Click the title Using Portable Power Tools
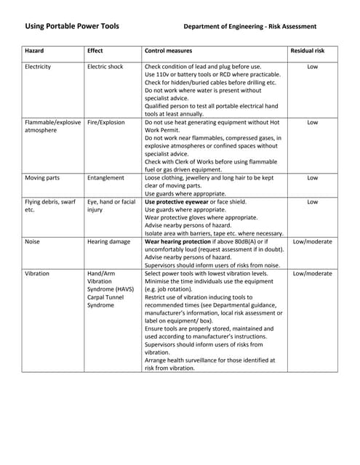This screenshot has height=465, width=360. tap(72, 26)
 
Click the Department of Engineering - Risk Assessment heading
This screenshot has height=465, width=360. tap(249, 27)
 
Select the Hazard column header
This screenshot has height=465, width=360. tap(34, 51)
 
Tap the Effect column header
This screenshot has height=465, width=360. tap(95, 51)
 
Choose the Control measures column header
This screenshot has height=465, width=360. tap(169, 51)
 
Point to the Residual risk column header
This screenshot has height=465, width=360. tap(312, 51)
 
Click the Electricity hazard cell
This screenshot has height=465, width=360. tap(38, 67)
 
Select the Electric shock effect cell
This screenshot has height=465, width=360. tap(105, 67)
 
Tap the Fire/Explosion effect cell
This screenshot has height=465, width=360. tap(106, 123)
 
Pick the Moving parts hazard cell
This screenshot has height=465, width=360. tap(42, 177)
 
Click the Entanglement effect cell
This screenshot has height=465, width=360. tap(105, 177)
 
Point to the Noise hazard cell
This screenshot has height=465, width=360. tap(33, 241)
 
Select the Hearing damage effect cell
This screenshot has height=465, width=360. tap(108, 241)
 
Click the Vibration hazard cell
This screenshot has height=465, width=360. tap(37, 273)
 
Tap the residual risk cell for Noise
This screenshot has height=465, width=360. tap(312, 241)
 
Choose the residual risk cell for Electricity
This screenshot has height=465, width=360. tap(312, 67)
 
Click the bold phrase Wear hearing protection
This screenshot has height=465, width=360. tap(179, 241)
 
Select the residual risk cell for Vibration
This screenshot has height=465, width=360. tap(312, 273)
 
